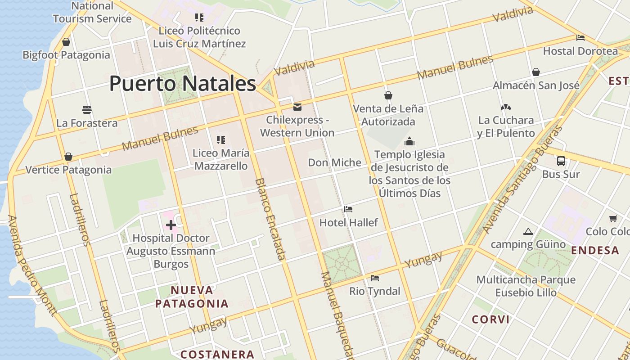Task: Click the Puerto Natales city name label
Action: (x=183, y=84)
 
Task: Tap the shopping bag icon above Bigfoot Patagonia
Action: (x=66, y=42)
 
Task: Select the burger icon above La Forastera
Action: (x=87, y=109)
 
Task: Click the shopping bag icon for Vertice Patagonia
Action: (x=68, y=157)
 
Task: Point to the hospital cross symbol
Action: (x=171, y=225)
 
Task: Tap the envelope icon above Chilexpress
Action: (x=297, y=107)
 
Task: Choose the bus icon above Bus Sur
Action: (x=561, y=161)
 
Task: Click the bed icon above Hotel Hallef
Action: (x=348, y=209)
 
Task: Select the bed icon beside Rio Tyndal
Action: (x=374, y=278)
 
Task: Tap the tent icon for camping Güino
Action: (x=528, y=232)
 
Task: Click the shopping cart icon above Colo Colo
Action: (x=613, y=219)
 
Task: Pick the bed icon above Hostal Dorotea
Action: (x=580, y=38)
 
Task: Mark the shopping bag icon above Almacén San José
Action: (x=536, y=72)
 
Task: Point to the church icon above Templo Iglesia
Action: (x=409, y=141)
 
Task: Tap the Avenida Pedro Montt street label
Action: (x=32, y=265)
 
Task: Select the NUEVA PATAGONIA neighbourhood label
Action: (x=192, y=297)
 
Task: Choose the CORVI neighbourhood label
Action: (x=490, y=319)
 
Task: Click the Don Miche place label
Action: (x=334, y=162)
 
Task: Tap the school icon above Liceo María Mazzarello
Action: (x=220, y=140)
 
